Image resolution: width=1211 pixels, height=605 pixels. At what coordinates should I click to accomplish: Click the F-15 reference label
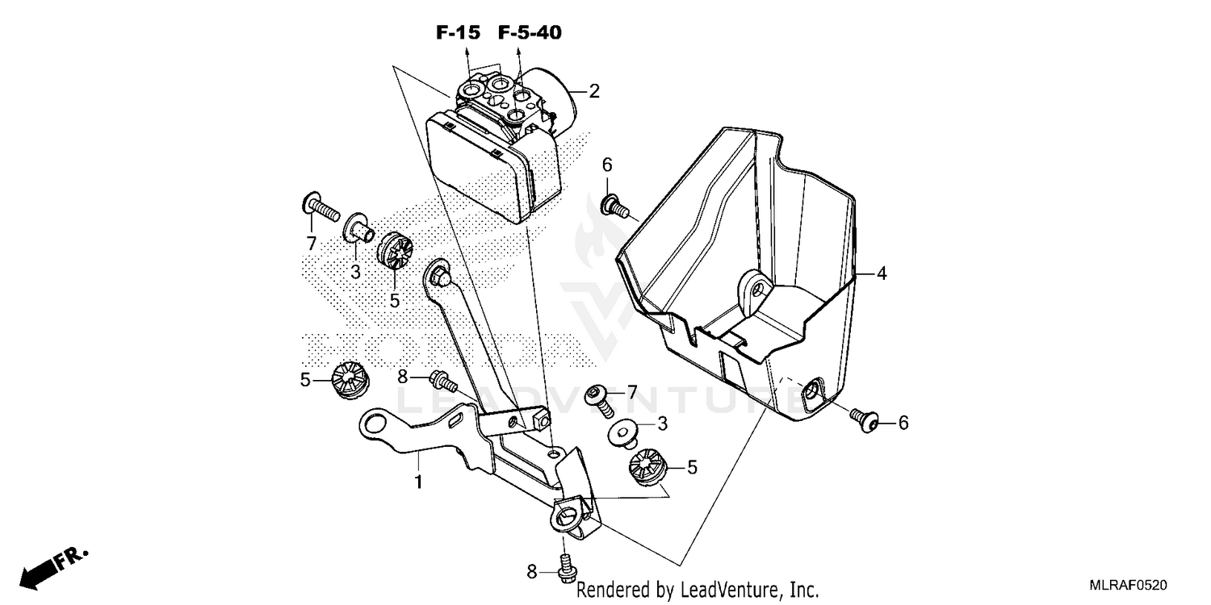point(458,33)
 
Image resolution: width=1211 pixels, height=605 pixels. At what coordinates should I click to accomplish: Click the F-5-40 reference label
point(529,33)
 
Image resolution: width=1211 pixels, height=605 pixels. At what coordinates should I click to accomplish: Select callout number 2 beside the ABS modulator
point(594,91)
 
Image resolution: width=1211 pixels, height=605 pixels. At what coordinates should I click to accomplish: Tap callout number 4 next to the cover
point(882,274)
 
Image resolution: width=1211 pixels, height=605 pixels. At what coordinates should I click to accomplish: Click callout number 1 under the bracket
point(418,482)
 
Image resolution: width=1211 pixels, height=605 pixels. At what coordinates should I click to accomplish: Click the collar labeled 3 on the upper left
point(359,231)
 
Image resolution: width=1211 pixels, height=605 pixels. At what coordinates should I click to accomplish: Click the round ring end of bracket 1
point(375,423)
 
